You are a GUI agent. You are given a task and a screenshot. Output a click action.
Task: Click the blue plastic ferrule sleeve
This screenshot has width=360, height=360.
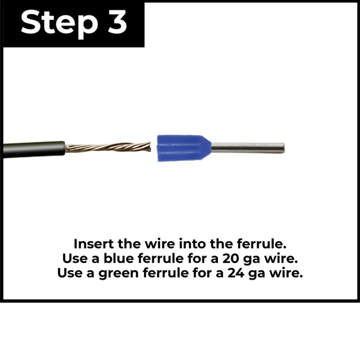point(184,148)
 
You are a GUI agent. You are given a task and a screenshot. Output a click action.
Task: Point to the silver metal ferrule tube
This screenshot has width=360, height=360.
point(248,148)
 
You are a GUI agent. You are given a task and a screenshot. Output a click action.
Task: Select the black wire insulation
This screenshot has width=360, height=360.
point(34,149)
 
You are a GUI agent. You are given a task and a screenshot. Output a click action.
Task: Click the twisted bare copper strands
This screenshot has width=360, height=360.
point(108,147)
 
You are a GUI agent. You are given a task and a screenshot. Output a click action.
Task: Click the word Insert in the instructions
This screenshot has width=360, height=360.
point(94,243)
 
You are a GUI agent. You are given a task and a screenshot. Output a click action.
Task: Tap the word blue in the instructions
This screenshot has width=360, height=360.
point(119,258)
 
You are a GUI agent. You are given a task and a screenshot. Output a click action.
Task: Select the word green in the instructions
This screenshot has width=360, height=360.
point(118,274)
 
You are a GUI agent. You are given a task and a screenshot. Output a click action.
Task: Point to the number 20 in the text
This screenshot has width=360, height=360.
point(231,258)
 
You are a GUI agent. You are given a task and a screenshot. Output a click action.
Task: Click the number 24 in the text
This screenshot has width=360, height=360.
point(236,273)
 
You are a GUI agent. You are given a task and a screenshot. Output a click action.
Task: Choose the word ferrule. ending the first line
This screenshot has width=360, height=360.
point(262,243)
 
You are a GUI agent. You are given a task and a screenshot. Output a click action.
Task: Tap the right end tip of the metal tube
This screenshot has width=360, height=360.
point(284,148)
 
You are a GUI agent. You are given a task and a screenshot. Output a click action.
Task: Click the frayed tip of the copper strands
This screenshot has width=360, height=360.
point(150,147)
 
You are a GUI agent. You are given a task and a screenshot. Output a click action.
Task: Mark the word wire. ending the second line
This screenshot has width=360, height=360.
point(281,258)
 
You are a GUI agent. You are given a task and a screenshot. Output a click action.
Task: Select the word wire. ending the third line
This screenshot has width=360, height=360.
point(286,273)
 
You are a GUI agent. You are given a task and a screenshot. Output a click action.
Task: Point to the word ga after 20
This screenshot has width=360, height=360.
point(252,260)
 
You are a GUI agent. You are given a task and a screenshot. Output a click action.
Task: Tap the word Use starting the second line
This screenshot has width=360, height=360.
point(75,258)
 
